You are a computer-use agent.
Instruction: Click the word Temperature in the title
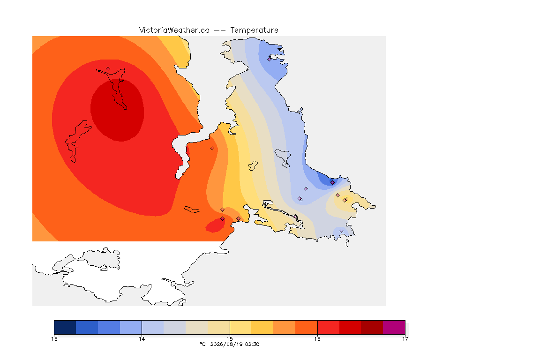pyautogui.click(x=254, y=30)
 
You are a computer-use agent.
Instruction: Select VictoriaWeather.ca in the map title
pyautogui.click(x=174, y=30)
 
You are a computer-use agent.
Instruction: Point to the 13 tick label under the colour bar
pyautogui.click(x=54, y=339)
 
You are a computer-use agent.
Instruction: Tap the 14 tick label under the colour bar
pyautogui.click(x=142, y=339)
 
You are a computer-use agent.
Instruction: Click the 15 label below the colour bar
pyautogui.click(x=230, y=339)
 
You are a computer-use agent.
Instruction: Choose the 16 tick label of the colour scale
pyautogui.click(x=317, y=339)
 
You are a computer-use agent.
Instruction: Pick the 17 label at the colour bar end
pyautogui.click(x=405, y=339)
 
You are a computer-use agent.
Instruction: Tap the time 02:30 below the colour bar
pyautogui.click(x=252, y=344)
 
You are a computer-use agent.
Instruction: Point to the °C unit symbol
pyautogui.click(x=202, y=344)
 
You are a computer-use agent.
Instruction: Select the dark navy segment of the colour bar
pyautogui.click(x=65, y=327)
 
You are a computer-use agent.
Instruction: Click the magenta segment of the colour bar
pyautogui.click(x=394, y=327)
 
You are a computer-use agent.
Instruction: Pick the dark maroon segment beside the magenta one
pyautogui.click(x=372, y=327)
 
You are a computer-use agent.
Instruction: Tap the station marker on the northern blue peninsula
pyautogui.click(x=270, y=59)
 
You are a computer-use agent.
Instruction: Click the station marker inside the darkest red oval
pyautogui.click(x=122, y=94)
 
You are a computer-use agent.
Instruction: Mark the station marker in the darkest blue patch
pyautogui.click(x=332, y=183)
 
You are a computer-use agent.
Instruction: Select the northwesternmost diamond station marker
pyautogui.click(x=108, y=69)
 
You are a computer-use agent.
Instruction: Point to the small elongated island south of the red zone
pyautogui.click(x=192, y=210)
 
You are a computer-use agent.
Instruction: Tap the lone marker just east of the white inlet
pyautogui.click(x=212, y=149)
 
